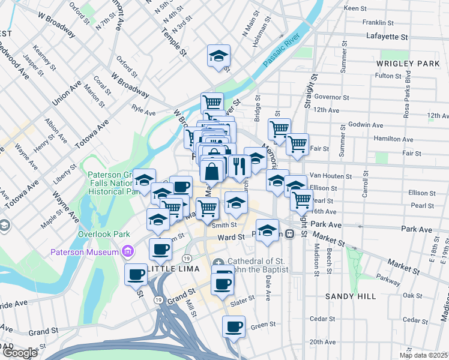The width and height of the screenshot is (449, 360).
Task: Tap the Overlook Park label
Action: [x=98, y=233]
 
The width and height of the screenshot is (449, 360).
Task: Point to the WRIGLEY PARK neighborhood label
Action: [x=408, y=63]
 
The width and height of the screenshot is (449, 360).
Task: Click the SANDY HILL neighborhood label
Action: [x=351, y=296]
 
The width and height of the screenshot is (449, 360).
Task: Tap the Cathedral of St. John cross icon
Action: [x=218, y=262]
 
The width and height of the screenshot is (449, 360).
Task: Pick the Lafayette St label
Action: [x=387, y=37]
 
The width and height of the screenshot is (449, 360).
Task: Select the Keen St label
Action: [x=355, y=8]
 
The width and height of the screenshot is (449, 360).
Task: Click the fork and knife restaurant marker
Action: [x=239, y=166]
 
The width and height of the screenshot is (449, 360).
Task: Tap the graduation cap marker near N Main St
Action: [x=218, y=56]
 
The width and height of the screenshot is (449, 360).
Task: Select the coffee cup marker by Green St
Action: [x=234, y=328]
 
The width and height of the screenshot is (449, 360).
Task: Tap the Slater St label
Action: [x=239, y=304]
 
